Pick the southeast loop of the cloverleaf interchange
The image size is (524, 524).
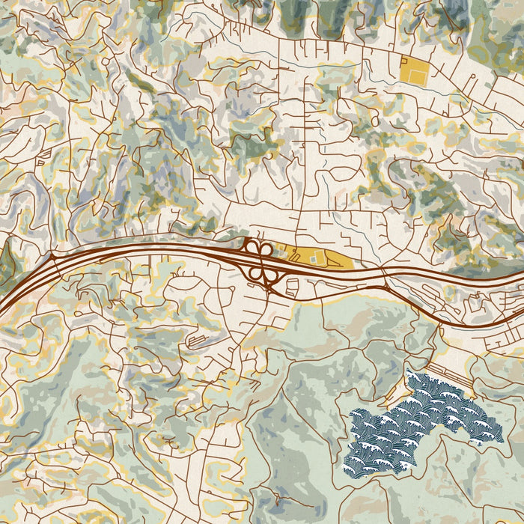[x=269, y=273]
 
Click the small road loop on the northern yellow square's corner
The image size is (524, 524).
[x=404, y=59]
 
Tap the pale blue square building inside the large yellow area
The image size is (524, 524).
[x=313, y=259]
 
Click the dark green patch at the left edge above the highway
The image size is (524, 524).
[x=6, y=258]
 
